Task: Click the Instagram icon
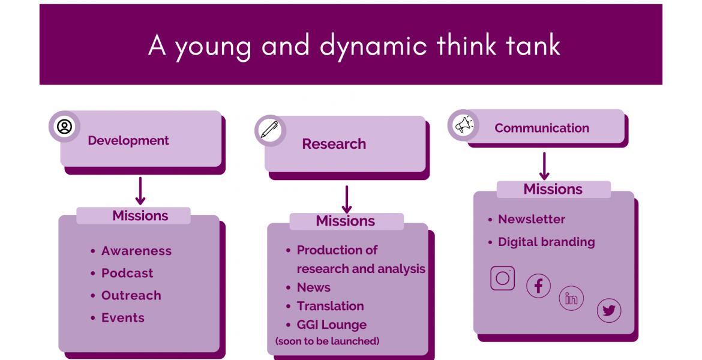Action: [x=502, y=278]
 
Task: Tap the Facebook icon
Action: [x=538, y=286]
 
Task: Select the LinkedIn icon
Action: [x=571, y=298]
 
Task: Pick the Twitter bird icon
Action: [x=609, y=310]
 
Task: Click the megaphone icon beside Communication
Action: [x=464, y=125]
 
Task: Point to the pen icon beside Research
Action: [x=269, y=131]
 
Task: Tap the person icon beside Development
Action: [x=64, y=127]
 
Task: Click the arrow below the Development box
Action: [x=140, y=191]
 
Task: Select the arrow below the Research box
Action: [x=347, y=200]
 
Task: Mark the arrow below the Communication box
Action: [x=544, y=166]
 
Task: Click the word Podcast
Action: [x=127, y=273]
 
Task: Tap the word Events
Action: [x=122, y=318]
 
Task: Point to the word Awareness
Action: [x=137, y=251]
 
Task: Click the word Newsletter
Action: [x=532, y=220]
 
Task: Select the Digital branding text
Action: [x=547, y=242]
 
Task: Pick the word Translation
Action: [x=331, y=306]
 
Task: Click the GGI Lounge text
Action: [x=332, y=325]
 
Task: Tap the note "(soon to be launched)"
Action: [x=327, y=341]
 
